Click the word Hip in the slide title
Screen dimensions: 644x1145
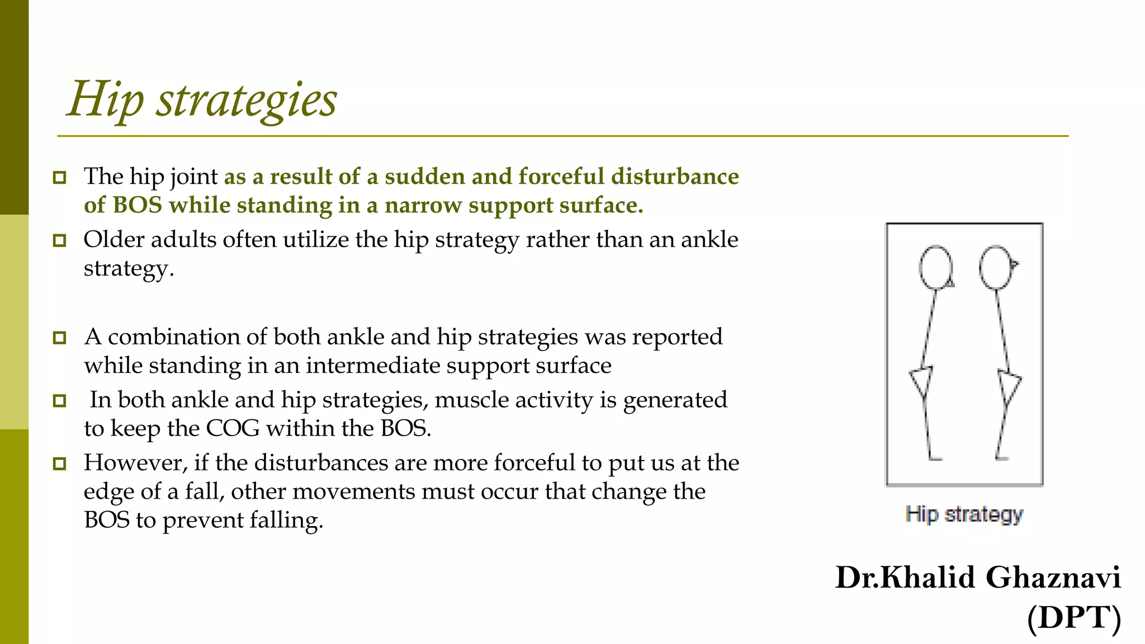coord(105,100)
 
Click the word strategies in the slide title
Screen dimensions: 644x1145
coord(247,100)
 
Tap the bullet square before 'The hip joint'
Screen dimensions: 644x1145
coord(59,178)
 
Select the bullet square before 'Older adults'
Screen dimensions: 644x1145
coord(59,241)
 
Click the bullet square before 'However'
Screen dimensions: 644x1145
coord(59,463)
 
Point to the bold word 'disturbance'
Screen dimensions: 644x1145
coord(675,177)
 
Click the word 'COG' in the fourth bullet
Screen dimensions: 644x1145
coord(233,429)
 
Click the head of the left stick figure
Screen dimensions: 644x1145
coord(935,267)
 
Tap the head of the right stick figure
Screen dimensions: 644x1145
coord(996,267)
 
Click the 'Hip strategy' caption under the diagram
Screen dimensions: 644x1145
coord(964,514)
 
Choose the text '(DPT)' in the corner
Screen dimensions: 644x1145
coord(1074,618)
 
